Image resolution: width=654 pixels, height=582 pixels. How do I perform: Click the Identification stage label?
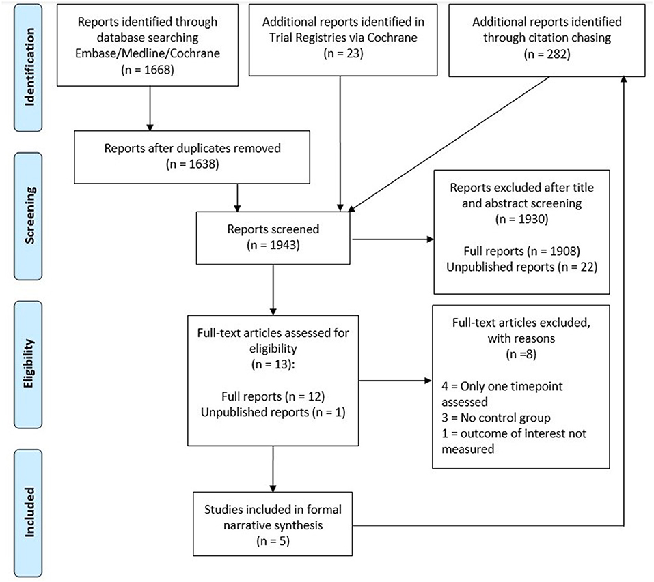29,67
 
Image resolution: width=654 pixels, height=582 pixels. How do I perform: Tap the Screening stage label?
29,215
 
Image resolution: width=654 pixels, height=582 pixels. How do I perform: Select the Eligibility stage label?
29,364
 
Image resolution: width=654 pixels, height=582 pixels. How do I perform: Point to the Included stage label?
29,512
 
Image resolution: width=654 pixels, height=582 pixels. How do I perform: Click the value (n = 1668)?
148,69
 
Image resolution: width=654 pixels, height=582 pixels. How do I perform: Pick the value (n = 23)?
343,53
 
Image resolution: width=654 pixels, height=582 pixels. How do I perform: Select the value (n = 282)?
547,54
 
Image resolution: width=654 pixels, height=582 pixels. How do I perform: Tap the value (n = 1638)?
192,164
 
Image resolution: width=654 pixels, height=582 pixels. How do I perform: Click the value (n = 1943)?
273,245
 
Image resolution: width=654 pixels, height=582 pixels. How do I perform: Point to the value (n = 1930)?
522,219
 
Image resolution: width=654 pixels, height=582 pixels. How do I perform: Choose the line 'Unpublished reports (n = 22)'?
522,267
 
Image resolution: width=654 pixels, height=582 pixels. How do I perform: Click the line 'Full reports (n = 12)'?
273,396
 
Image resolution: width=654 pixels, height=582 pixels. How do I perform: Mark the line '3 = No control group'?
496,418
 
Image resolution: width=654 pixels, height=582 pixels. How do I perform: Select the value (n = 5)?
273,541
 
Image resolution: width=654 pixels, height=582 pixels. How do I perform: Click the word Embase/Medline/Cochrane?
148,53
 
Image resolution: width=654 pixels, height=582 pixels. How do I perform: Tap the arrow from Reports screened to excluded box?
393,239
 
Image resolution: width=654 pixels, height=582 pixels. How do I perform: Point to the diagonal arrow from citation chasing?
448,145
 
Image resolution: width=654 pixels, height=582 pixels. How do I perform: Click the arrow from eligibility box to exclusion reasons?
395,381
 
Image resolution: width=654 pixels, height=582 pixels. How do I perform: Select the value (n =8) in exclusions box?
521,354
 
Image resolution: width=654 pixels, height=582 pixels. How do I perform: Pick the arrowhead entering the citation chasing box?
623,79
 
